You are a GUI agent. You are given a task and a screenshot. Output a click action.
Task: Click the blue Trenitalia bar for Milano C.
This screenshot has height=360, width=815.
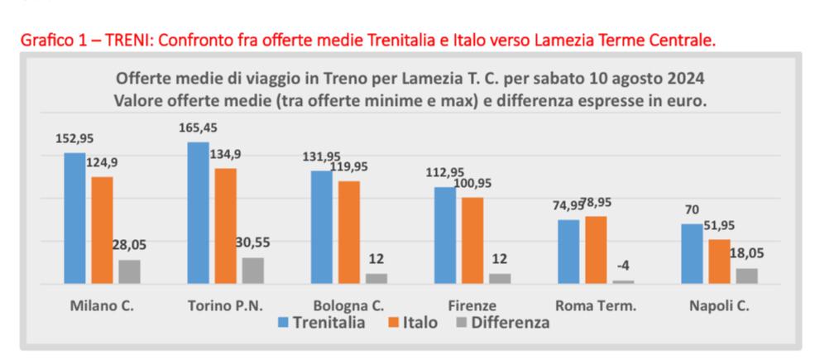tap(74, 218)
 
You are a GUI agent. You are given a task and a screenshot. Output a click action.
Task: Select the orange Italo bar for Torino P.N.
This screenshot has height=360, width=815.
tap(226, 226)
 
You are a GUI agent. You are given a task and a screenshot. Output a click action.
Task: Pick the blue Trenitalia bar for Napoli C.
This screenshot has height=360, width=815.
tap(692, 253)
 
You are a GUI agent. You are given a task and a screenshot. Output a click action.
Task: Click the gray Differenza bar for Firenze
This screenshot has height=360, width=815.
tap(500, 278)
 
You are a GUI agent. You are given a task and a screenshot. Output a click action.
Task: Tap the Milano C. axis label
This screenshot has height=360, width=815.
tap(101, 305)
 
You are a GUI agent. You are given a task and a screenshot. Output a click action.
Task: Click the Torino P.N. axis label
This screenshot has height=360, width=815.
tap(225, 305)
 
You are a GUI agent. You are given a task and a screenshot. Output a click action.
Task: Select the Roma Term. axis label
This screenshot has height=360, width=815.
tap(596, 305)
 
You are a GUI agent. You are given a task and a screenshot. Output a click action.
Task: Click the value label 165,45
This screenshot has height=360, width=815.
tap(198, 128)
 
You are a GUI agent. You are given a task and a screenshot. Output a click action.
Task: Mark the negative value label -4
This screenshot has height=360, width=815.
tap(624, 266)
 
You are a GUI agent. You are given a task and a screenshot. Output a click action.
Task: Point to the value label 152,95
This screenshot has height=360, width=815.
tap(74, 138)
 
